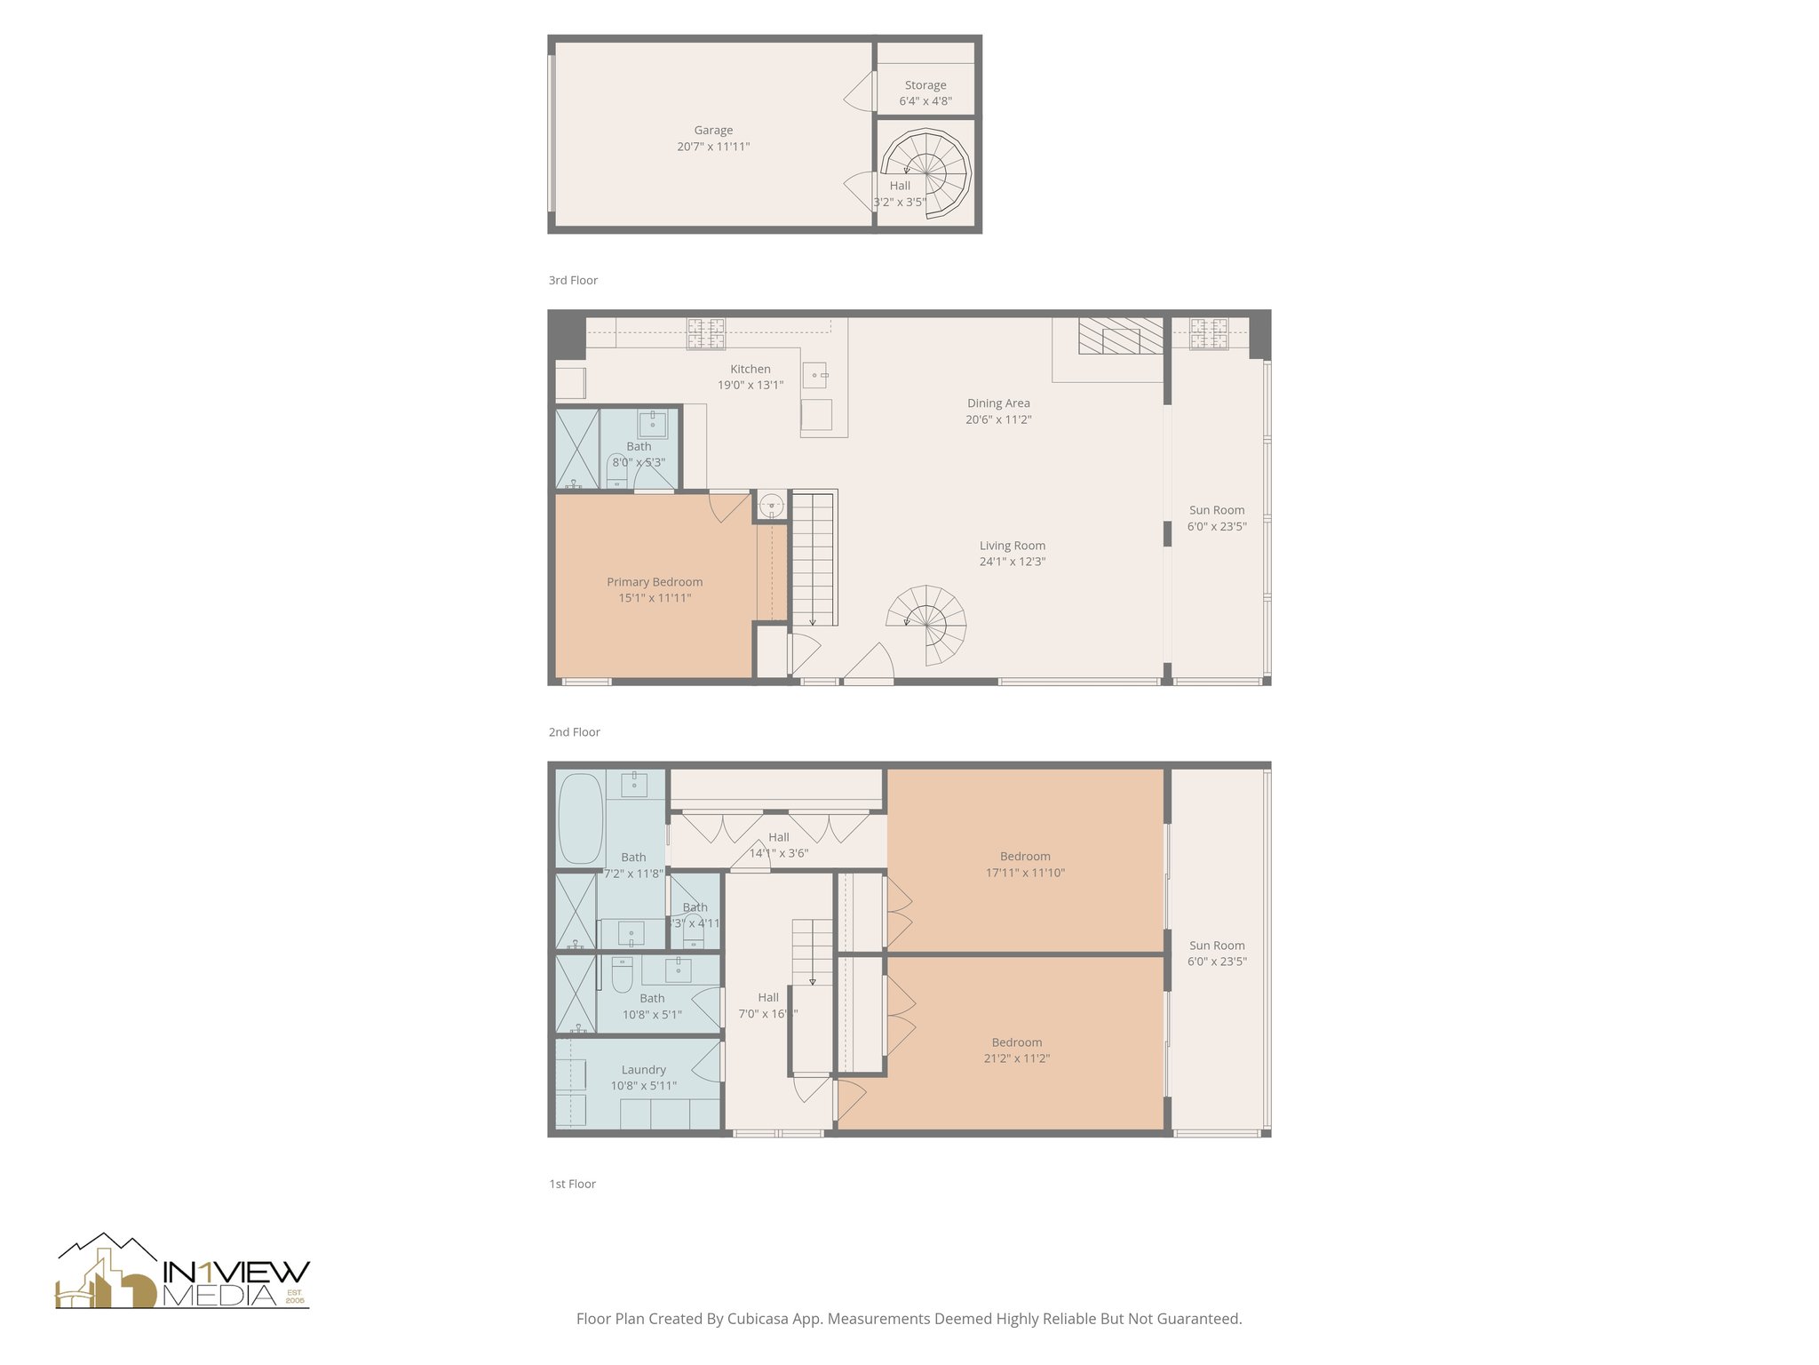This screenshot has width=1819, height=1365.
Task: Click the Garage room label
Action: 713,131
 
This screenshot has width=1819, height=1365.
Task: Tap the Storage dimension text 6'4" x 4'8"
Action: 925,101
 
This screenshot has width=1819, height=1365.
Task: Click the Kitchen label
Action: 751,369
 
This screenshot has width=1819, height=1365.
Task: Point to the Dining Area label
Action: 998,403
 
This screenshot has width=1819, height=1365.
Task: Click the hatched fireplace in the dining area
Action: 1120,336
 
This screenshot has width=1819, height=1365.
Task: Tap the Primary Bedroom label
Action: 655,582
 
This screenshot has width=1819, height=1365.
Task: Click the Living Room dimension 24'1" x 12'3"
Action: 1013,562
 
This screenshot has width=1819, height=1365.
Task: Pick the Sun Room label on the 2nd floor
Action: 1217,510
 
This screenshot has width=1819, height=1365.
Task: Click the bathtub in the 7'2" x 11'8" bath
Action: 581,818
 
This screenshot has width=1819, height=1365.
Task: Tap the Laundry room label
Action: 643,1070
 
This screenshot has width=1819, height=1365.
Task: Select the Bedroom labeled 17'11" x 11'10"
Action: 1025,857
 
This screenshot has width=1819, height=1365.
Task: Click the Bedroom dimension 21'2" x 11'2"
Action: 1017,1058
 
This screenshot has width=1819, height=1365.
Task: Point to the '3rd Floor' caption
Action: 573,280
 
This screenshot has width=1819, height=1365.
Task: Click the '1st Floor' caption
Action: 572,1184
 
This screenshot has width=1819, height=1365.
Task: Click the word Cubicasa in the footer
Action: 759,1319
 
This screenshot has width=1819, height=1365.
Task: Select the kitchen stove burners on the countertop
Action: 705,334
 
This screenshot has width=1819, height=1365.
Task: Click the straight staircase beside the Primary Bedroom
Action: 813,560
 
